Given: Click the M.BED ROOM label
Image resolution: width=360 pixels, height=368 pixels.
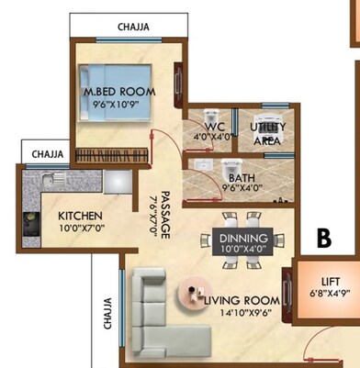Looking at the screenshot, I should pyautogui.click(x=119, y=92).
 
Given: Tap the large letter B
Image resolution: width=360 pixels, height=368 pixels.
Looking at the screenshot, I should pyautogui.click(x=323, y=238).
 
